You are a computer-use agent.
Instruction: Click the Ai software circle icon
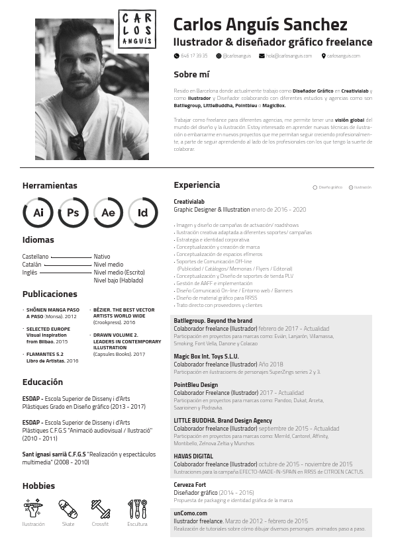pyautogui.click(x=38, y=212)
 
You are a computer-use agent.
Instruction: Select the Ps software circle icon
pyautogui.click(x=73, y=212)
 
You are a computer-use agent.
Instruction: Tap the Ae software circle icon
pyautogui.click(x=108, y=212)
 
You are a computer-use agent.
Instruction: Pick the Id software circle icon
pyautogui.click(x=142, y=212)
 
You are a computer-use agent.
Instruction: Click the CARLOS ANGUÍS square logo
pyautogui.click(x=137, y=30)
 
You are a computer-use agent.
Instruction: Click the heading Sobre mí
pyautogui.click(x=191, y=74)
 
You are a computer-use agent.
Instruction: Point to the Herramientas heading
pyautogui.click(x=50, y=186)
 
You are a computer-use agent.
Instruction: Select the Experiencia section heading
pyautogui.click(x=197, y=185)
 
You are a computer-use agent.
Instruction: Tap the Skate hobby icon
pyautogui.click(x=68, y=509)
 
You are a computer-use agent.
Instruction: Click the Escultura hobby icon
pyautogui.click(x=137, y=509)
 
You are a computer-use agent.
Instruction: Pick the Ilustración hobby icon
pyautogui.click(x=33, y=509)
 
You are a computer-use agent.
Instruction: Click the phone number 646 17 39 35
pyautogui.click(x=194, y=56)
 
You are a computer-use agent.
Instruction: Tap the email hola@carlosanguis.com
pyautogui.click(x=289, y=56)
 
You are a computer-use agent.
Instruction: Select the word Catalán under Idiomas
pyautogui.click(x=32, y=265)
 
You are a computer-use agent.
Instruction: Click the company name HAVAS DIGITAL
pyautogui.click(x=193, y=456)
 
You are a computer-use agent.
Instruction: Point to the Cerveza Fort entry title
pyautogui.click(x=190, y=485)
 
